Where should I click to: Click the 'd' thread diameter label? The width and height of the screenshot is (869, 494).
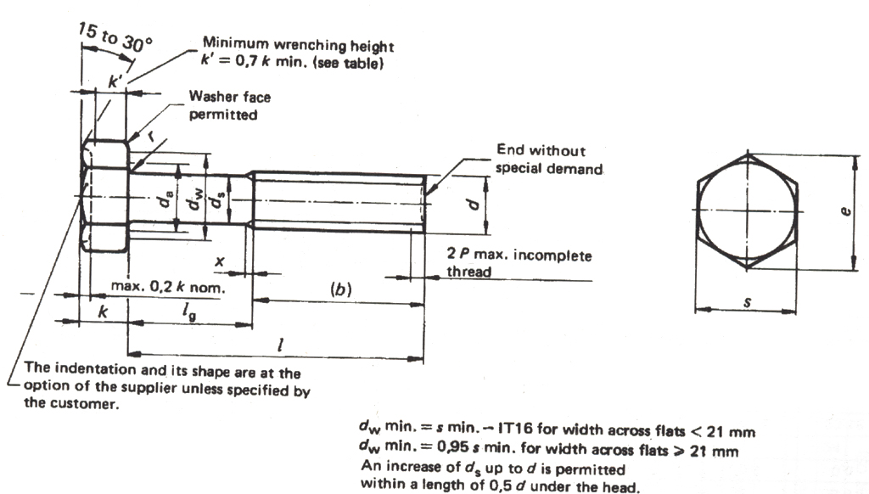(x=475, y=203)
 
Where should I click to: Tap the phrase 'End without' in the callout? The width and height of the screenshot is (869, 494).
(x=541, y=151)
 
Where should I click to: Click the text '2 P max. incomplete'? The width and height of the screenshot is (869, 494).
(x=519, y=255)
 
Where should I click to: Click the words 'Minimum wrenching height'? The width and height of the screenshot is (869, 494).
(x=297, y=46)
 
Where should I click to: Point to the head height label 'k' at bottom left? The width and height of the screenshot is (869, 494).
(x=103, y=312)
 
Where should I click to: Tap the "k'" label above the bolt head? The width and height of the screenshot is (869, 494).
(x=115, y=81)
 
